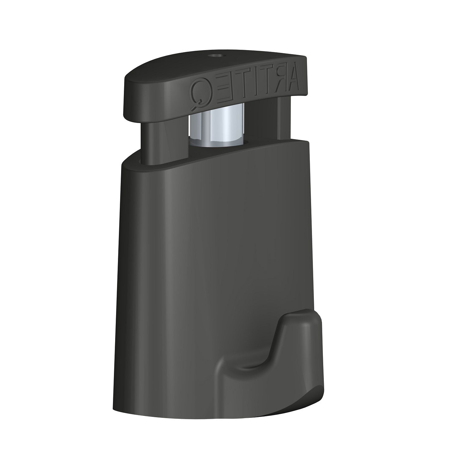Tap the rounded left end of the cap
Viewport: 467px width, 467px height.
click(x=128, y=93)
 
